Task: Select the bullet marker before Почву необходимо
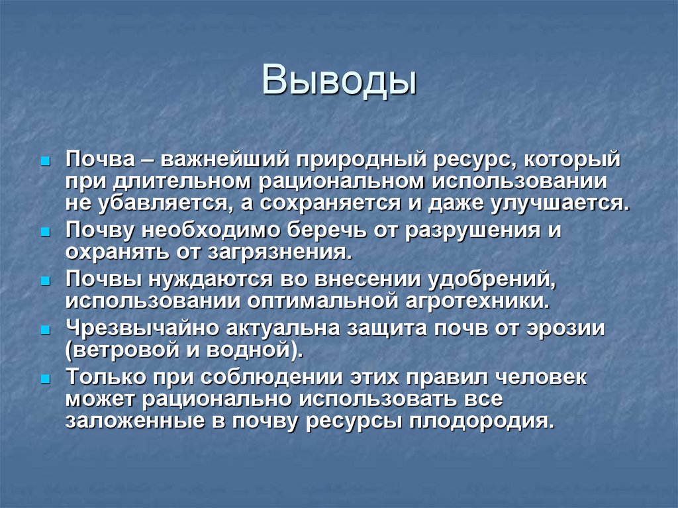(45, 232)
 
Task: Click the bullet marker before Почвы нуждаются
(45, 281)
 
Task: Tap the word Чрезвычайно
(142, 328)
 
